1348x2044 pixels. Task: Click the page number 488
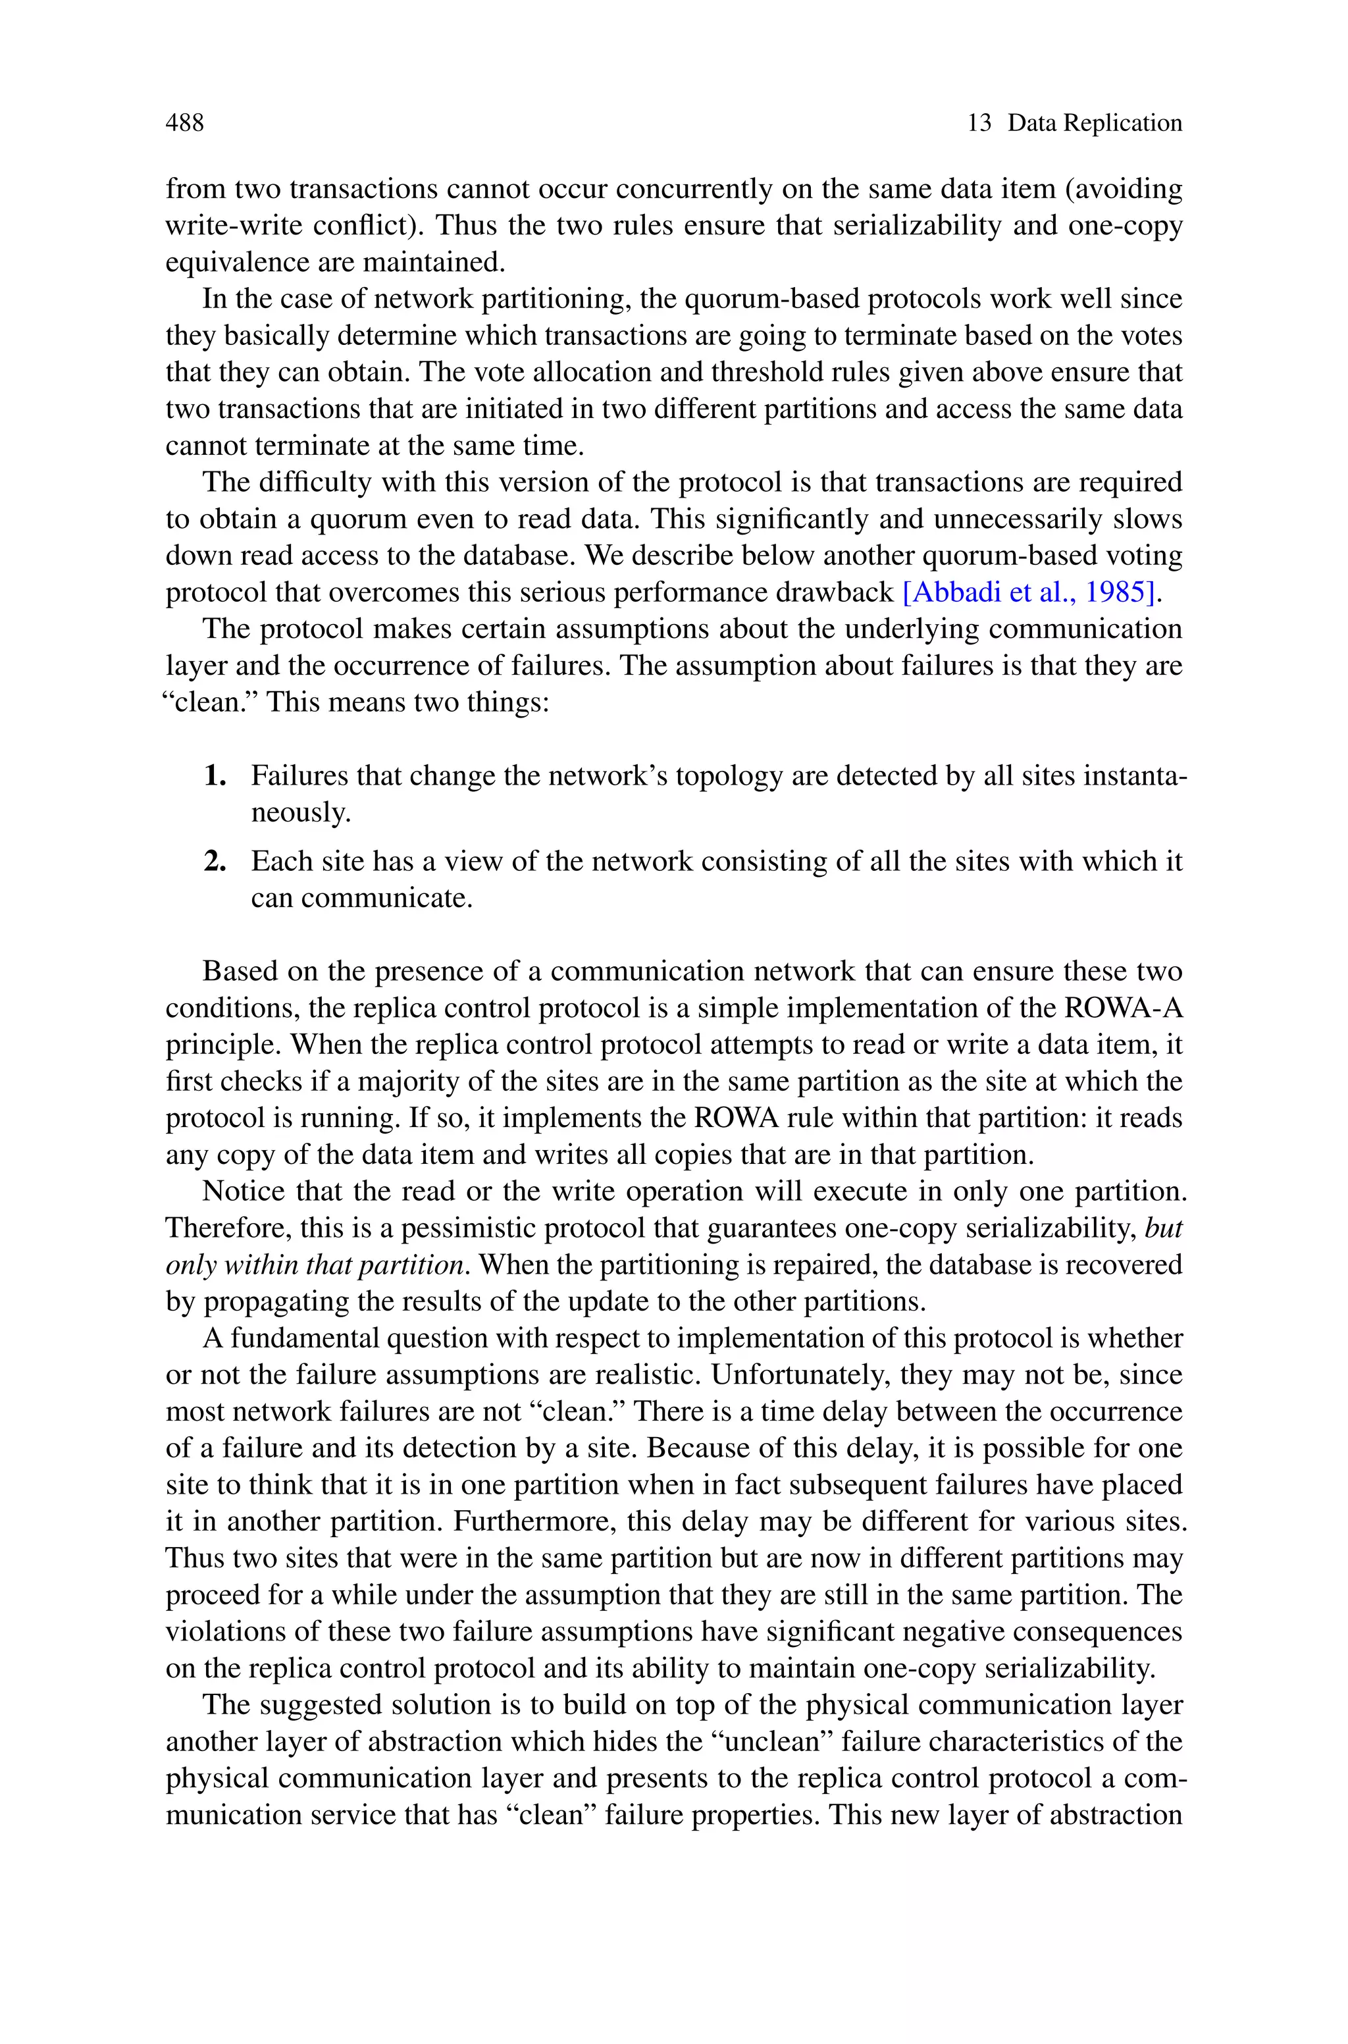click(x=184, y=123)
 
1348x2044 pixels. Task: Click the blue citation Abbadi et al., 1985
click(x=1027, y=592)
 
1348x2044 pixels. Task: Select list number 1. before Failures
click(x=215, y=776)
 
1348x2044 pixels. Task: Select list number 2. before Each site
click(x=215, y=861)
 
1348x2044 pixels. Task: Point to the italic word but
click(x=1164, y=1228)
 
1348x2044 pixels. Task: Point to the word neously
click(x=301, y=813)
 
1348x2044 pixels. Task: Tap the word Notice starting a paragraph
click(x=244, y=1192)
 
